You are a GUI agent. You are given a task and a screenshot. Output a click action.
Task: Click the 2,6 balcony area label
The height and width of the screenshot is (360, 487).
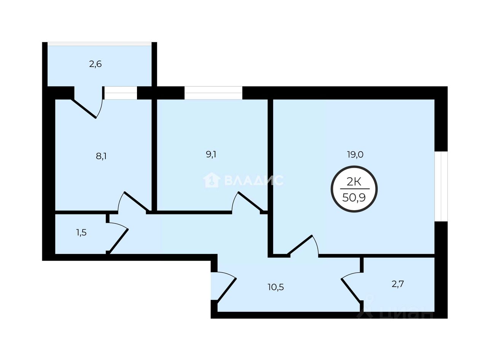95,64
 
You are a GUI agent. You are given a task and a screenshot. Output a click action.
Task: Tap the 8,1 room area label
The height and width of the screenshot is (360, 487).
101,156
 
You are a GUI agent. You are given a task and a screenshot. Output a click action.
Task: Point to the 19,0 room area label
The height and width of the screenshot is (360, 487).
355,154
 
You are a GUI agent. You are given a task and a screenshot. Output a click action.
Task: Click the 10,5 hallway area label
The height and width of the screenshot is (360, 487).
276,287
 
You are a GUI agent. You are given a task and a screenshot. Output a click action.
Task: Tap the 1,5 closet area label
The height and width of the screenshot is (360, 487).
81,233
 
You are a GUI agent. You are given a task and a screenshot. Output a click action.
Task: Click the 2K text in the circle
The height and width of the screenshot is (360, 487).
354,182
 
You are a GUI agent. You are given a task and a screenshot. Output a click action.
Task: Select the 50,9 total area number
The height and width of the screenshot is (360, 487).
354,198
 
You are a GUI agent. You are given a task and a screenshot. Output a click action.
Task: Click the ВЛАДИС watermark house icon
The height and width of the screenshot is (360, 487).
212,180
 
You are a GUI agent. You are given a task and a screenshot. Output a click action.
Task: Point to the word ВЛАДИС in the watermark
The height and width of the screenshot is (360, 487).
254,180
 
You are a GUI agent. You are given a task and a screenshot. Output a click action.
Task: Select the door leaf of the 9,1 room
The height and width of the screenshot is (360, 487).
250,201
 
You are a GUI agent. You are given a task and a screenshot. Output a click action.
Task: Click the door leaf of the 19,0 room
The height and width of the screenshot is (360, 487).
300,244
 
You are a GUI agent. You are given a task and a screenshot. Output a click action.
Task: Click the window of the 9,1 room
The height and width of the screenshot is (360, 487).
213,93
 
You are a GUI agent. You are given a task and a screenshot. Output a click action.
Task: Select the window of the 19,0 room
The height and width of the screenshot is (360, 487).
441,186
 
